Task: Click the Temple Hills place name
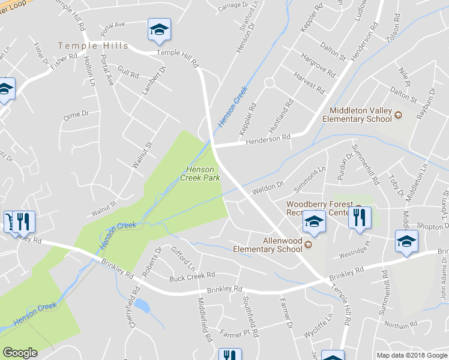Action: pos(92,46)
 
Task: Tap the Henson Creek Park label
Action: pos(200,173)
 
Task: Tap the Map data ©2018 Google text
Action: pos(411,355)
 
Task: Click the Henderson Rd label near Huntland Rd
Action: pos(268,139)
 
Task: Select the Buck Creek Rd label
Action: pos(192,276)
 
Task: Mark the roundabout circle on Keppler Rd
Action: pos(269,83)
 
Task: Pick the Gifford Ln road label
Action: pos(183,257)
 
